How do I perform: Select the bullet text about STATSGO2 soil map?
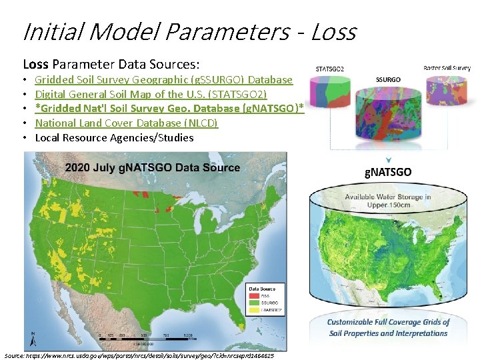(x=151, y=94)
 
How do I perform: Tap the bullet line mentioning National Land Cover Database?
(x=127, y=123)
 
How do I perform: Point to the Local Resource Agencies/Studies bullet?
(x=114, y=137)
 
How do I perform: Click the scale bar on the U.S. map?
(x=144, y=335)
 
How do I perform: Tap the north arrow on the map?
(x=33, y=337)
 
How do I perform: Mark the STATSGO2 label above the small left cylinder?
(x=329, y=68)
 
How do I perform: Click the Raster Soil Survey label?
(x=447, y=68)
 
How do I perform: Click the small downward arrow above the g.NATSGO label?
(x=388, y=159)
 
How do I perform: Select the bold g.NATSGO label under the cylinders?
(x=388, y=172)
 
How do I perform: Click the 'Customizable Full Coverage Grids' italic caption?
(x=389, y=327)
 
